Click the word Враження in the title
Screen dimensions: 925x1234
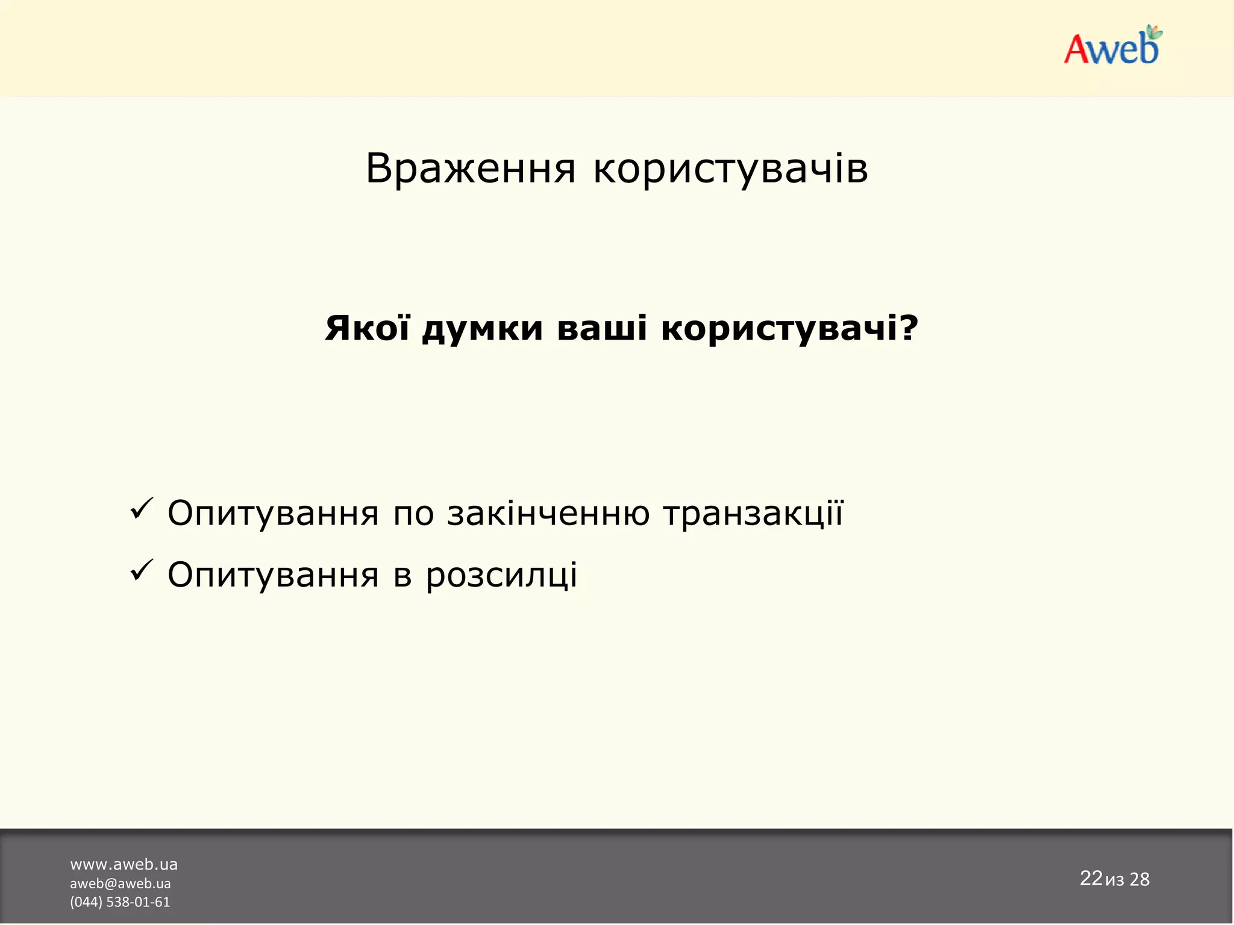click(471, 169)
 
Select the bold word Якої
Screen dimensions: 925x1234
click(367, 328)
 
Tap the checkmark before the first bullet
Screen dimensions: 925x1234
click(142, 509)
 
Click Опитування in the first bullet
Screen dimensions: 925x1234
click(273, 514)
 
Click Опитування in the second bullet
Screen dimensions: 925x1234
click(273, 575)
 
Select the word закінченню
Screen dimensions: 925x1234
click(548, 514)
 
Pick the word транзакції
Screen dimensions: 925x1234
click(753, 514)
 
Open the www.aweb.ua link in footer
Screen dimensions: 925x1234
click(124, 864)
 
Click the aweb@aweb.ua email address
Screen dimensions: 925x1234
click(120, 883)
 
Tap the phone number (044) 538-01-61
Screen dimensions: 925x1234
click(120, 902)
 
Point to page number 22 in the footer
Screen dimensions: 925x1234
click(1091, 878)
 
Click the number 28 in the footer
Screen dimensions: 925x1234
click(1139, 879)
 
